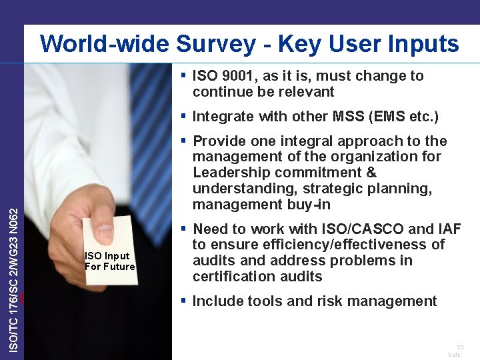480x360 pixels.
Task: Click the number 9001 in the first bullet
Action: coord(239,76)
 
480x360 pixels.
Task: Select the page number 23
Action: coord(460,347)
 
